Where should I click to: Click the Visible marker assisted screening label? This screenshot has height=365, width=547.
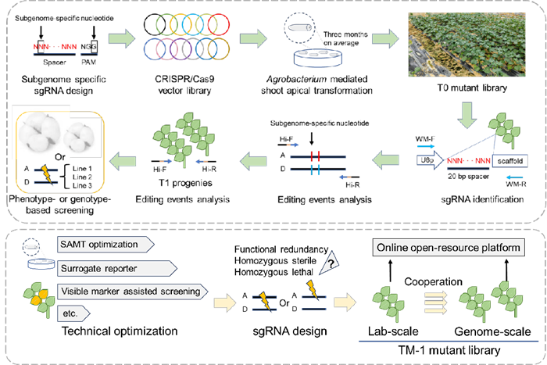tap(130, 292)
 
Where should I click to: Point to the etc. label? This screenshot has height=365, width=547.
tap(75, 315)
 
